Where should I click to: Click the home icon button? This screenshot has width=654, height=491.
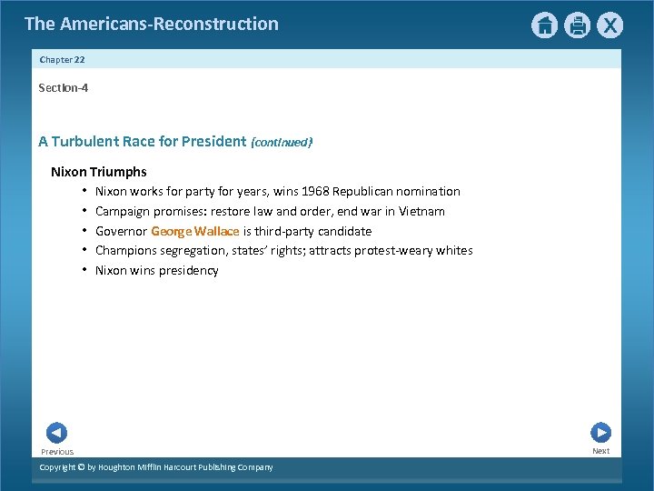pos(544,25)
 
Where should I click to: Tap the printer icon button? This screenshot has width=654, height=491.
pos(578,25)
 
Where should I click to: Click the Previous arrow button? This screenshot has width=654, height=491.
pos(56,434)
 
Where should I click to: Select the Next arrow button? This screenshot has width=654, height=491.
pos(600,433)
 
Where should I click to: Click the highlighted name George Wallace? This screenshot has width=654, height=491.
pos(194,231)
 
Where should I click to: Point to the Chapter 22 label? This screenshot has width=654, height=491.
pos(62,59)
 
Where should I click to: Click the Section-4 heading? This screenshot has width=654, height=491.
pos(63,88)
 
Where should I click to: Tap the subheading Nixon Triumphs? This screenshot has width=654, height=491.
pos(98,172)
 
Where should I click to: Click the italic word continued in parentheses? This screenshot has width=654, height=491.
pos(282,143)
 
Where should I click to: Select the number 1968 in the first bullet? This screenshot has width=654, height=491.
pos(314,192)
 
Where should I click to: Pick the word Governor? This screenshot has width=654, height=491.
pos(121,231)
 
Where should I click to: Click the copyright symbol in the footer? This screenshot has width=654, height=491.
pos(80,467)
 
